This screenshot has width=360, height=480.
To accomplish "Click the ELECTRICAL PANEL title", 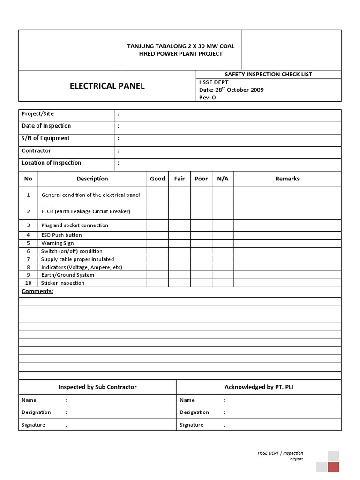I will [x=107, y=86].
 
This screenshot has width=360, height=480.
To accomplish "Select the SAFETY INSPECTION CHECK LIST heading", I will [x=268, y=74].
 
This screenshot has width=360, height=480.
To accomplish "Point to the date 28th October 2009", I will [x=232, y=90].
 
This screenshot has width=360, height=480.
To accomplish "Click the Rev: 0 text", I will [x=208, y=97].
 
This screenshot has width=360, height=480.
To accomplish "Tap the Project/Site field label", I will [x=38, y=113].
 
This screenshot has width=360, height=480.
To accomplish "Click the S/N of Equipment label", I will [x=45, y=138].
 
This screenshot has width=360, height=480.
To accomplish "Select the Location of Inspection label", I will [x=51, y=163].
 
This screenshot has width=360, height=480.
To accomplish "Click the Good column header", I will [x=157, y=179].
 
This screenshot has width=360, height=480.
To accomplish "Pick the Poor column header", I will [x=201, y=179].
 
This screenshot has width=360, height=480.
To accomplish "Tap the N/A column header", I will [x=223, y=179].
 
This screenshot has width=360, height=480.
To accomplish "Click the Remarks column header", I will [x=287, y=179].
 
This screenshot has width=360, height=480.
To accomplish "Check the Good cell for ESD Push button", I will [x=157, y=235].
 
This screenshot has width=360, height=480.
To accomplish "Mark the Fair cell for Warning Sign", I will [x=180, y=243].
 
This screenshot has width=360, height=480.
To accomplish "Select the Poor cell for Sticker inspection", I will [x=201, y=283].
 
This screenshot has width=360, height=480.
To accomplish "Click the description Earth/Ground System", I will [x=67, y=275].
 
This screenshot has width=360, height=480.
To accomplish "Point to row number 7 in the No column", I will [x=28, y=259].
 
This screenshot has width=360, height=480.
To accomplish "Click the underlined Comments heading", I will [x=37, y=292].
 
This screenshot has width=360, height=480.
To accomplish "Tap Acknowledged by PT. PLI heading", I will [x=259, y=387].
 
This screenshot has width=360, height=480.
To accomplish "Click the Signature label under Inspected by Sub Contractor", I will [x=33, y=425].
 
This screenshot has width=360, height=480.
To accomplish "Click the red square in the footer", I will [x=333, y=466].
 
